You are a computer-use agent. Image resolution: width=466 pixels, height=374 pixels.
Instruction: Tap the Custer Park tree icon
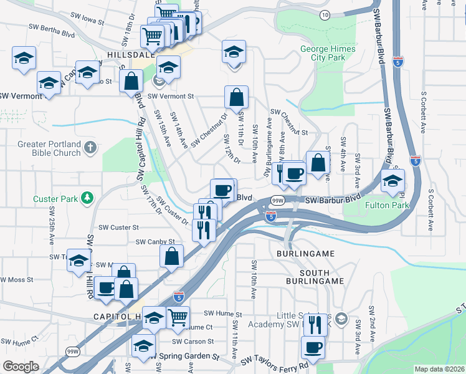(x=89, y=198)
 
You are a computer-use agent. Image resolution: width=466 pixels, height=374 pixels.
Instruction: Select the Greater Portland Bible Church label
(x=50, y=148)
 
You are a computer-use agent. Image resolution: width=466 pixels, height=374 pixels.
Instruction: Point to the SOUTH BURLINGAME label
(x=321, y=281)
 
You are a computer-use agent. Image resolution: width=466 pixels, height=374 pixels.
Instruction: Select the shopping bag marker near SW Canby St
(x=171, y=256)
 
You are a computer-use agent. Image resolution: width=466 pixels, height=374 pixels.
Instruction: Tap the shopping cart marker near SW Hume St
(x=178, y=317)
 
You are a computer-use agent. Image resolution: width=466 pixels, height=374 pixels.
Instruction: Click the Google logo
(x=20, y=367)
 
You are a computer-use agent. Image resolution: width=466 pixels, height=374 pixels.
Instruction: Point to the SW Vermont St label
(x=171, y=97)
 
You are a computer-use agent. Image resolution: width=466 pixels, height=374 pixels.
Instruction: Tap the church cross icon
(x=90, y=148)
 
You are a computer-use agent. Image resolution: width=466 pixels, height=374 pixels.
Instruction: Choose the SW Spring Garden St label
(x=184, y=357)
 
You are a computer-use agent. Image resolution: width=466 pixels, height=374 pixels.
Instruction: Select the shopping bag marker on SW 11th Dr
(x=237, y=97)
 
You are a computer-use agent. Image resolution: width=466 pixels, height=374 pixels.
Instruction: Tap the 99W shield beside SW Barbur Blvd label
(x=278, y=201)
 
